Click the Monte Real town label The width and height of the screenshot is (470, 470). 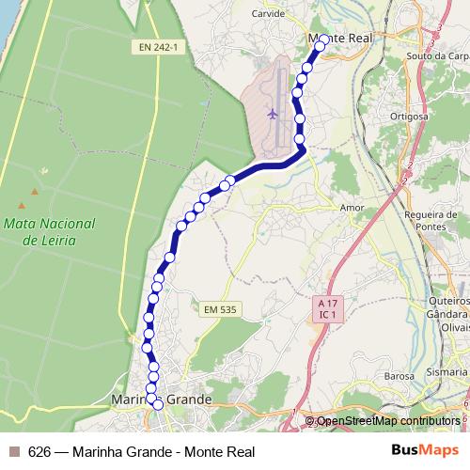(x=341, y=38)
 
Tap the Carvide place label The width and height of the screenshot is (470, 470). (x=268, y=14)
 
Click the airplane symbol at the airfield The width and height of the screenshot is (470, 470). (x=273, y=114)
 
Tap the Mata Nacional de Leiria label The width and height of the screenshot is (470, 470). (x=50, y=232)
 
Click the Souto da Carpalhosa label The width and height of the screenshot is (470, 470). (x=438, y=55)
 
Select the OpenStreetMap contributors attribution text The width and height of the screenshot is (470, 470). (x=388, y=420)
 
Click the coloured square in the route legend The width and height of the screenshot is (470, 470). (x=14, y=451)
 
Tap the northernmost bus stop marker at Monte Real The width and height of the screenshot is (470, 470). (x=323, y=40)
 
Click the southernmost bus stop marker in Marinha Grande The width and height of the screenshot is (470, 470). (x=158, y=404)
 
